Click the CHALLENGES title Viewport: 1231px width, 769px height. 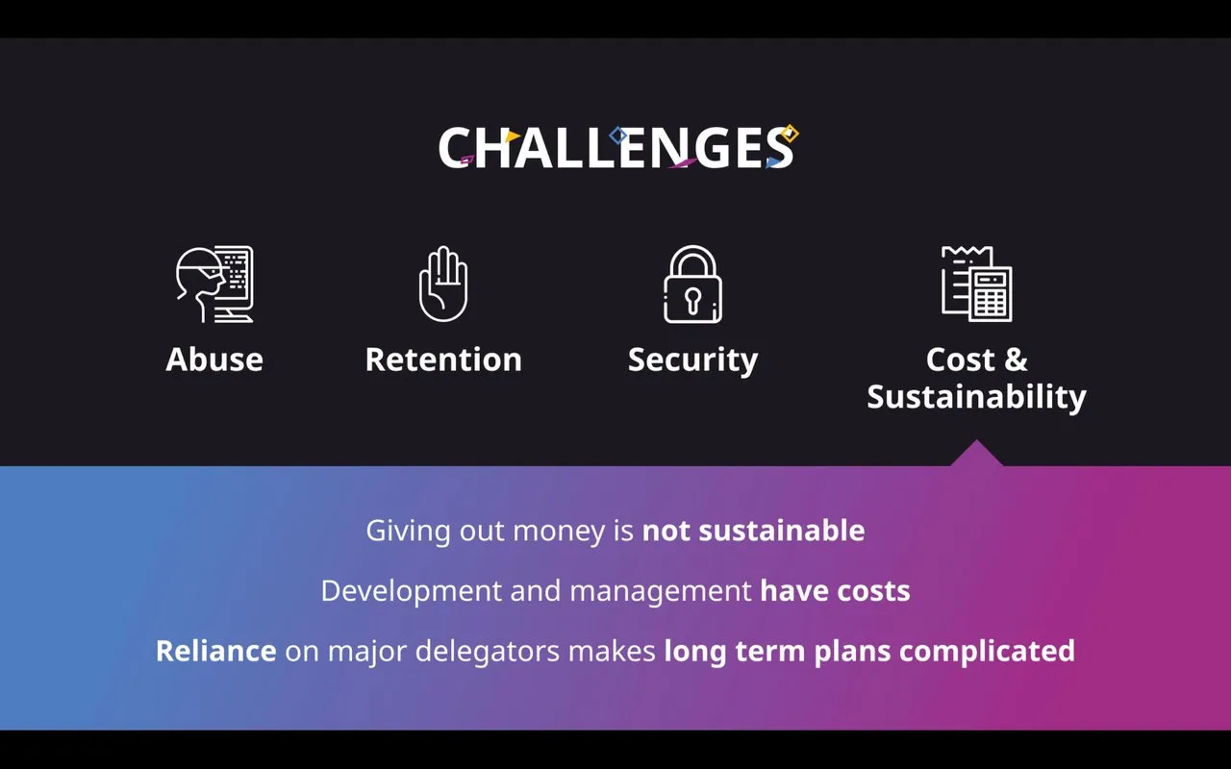click(x=618, y=147)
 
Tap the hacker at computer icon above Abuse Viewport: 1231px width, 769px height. click(x=214, y=284)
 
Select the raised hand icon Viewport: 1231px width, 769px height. click(x=443, y=284)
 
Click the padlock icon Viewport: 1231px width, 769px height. click(x=692, y=284)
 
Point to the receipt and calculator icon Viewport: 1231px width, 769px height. click(x=976, y=284)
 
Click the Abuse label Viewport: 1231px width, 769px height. click(x=214, y=360)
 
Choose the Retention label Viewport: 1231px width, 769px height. click(x=443, y=360)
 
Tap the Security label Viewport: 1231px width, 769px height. click(x=693, y=360)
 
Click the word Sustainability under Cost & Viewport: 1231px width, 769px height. click(x=976, y=397)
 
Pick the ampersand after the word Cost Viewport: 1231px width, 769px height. click(x=1016, y=360)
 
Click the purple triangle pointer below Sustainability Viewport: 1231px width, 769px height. click(x=976, y=453)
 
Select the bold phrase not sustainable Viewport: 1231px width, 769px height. click(x=753, y=530)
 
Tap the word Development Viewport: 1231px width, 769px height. click(x=411, y=591)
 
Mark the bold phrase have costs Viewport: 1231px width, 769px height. click(x=835, y=590)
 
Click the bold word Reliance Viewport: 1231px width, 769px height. click(x=216, y=651)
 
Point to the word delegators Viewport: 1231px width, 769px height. click(x=488, y=652)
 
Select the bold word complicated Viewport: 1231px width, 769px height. click(x=987, y=652)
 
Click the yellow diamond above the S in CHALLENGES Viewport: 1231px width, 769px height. click(x=790, y=134)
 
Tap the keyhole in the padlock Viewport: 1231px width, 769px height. click(x=692, y=301)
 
